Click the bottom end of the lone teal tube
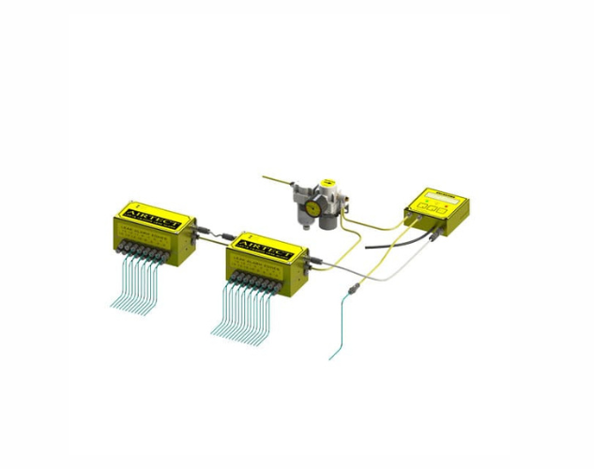[x=330, y=357]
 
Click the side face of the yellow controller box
[x=460, y=215]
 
